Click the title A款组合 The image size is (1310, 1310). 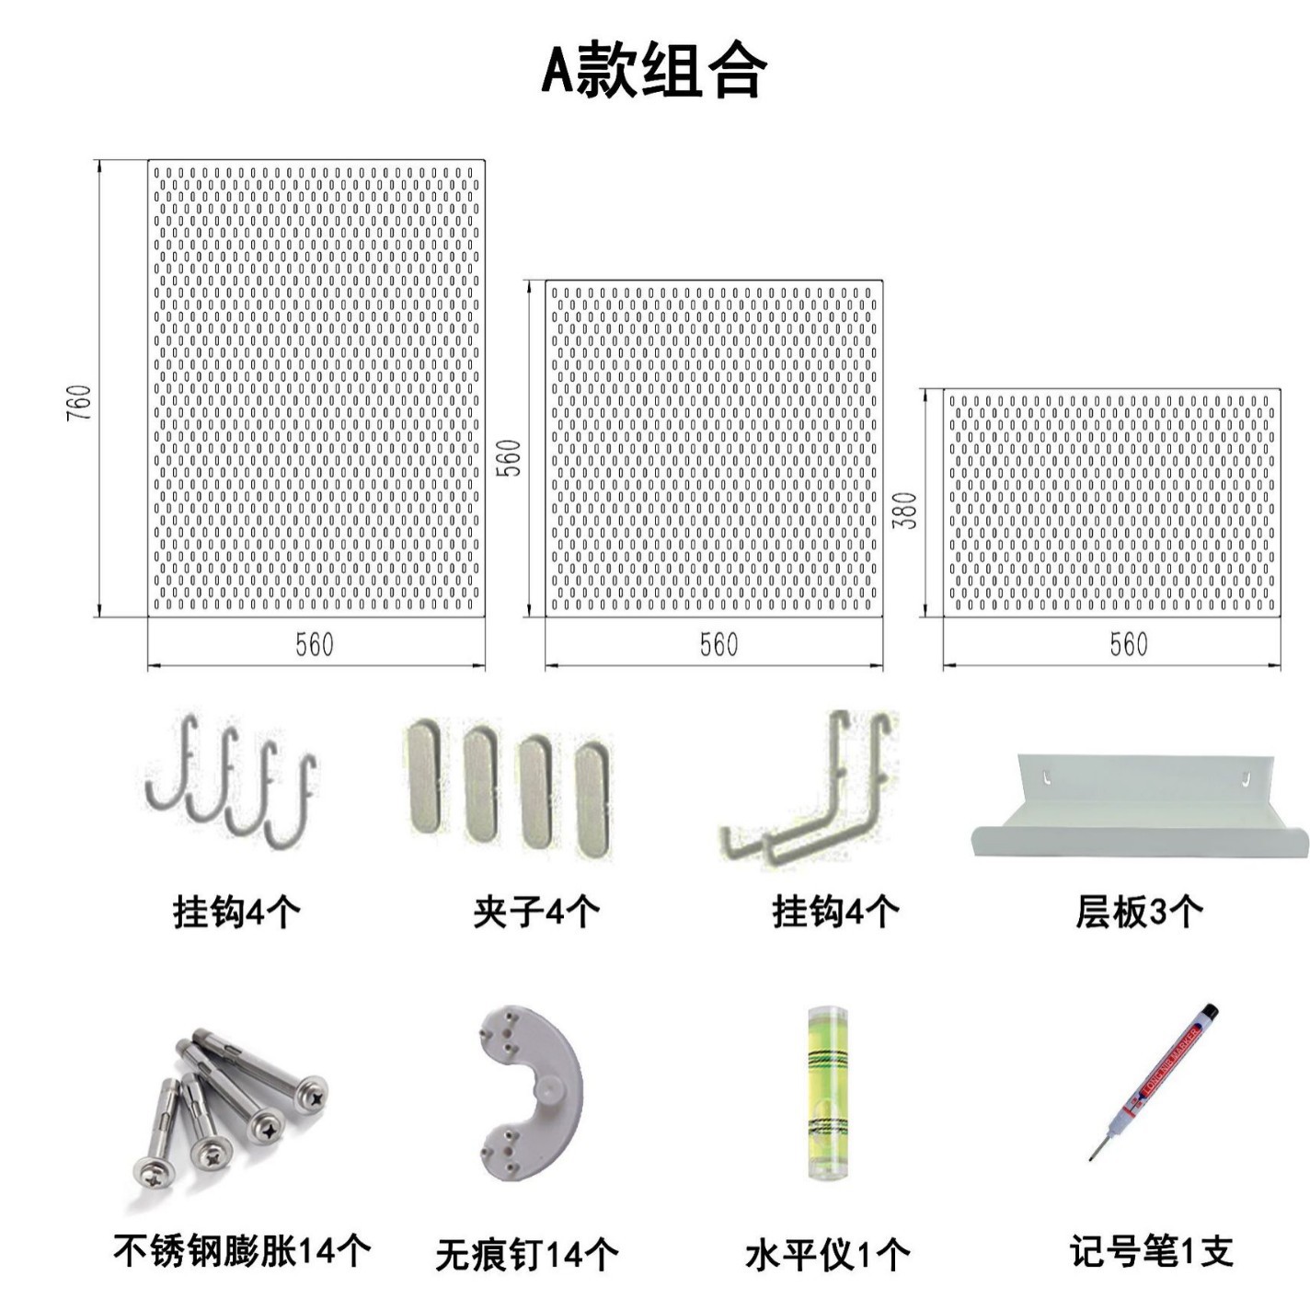(x=653, y=71)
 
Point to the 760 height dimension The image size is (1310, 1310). (x=80, y=403)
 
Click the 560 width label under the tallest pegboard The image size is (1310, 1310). (x=314, y=645)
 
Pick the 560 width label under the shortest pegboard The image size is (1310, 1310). (x=1128, y=644)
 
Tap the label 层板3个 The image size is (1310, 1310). (x=1139, y=912)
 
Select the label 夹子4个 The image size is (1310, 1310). (x=536, y=912)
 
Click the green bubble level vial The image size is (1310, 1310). (x=827, y=1093)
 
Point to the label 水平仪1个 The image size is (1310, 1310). (x=827, y=1255)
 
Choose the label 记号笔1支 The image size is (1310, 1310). (x=1151, y=1252)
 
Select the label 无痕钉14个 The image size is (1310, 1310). (x=527, y=1255)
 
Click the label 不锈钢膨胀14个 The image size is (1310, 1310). (x=242, y=1251)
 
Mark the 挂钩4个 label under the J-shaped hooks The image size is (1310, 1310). (x=236, y=912)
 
